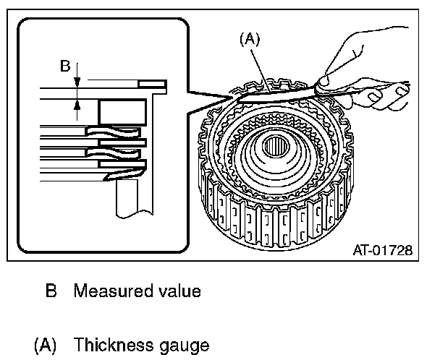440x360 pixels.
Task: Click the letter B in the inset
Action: (64, 67)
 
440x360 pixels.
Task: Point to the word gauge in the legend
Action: (188, 345)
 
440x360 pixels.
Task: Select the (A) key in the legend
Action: (46, 344)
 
